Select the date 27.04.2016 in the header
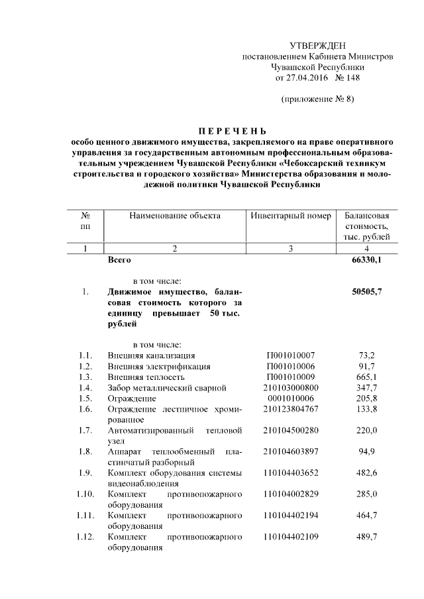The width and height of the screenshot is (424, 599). (x=307, y=77)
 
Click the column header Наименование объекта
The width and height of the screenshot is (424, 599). (x=175, y=216)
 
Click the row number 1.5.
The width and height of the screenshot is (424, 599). (x=83, y=398)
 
